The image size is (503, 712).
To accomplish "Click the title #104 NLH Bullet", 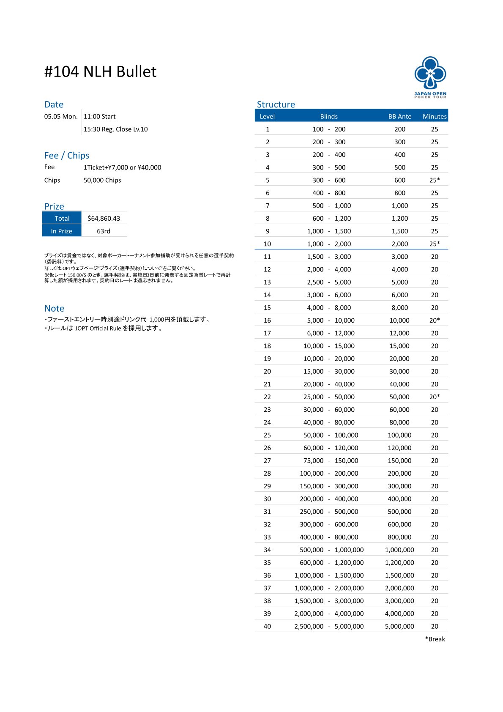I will (100, 72).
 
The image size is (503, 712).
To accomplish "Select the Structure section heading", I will (276, 104).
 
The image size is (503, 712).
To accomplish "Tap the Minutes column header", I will (435, 116).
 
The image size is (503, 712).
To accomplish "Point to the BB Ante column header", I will (399, 116).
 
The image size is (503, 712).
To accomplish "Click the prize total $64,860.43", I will (104, 218).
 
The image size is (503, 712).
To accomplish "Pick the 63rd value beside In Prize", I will (104, 231).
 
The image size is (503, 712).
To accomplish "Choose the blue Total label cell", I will (62, 218).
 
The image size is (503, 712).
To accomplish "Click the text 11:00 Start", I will (99, 116).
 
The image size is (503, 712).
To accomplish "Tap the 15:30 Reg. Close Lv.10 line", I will (115, 129).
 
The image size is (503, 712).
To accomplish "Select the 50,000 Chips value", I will (102, 180).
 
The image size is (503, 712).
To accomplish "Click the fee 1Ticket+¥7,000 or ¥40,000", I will (122, 167).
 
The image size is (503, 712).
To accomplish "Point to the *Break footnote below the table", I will (435, 639).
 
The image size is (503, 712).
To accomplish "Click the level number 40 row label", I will (267, 626).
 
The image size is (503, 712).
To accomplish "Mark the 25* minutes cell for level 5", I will (435, 180).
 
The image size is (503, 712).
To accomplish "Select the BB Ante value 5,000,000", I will (399, 626).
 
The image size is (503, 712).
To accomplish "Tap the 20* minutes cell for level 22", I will (435, 397).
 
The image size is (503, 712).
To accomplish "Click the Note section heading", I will (54, 308).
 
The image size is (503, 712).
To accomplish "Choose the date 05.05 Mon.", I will (61, 116).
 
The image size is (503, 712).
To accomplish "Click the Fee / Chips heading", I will (67, 155).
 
